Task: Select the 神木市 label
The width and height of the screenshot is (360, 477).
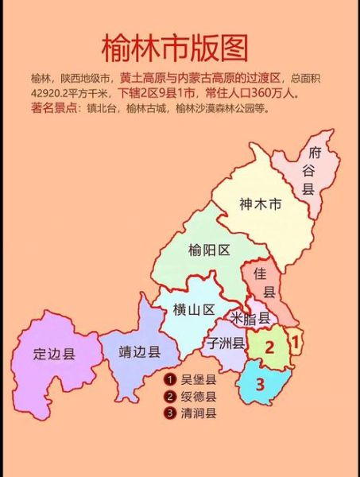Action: click(260, 204)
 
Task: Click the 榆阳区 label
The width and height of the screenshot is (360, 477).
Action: click(210, 250)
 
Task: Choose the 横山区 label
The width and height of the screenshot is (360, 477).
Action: click(194, 310)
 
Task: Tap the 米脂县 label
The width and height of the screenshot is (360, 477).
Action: click(251, 317)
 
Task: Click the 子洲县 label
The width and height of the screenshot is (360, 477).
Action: click(226, 343)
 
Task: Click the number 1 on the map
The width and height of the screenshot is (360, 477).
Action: click(296, 341)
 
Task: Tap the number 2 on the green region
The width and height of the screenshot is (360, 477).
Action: click(270, 347)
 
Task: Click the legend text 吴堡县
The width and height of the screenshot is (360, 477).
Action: click(199, 380)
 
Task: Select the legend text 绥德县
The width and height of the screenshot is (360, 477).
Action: click(199, 397)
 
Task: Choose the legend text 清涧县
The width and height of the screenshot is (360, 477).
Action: click(199, 413)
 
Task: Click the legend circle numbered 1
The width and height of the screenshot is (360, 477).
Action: click(169, 380)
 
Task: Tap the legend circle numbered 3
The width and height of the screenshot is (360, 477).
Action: click(169, 413)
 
